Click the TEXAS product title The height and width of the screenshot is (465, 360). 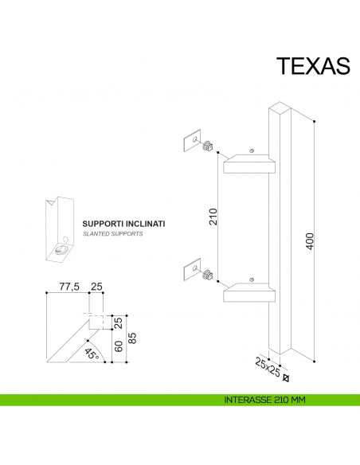(x=313, y=66)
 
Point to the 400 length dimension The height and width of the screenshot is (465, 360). (x=311, y=240)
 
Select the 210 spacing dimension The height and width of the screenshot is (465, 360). (x=213, y=216)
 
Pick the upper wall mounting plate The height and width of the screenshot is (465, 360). (x=190, y=141)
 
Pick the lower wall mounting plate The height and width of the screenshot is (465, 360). (x=190, y=269)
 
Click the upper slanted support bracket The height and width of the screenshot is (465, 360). (x=250, y=163)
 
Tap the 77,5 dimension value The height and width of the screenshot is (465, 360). (x=69, y=287)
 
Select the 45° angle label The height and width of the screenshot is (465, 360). (x=90, y=351)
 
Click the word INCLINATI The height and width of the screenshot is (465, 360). (x=147, y=225)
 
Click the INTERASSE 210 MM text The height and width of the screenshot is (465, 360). (x=266, y=400)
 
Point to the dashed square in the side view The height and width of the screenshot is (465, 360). (x=99, y=321)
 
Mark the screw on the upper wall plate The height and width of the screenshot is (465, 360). (x=208, y=146)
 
